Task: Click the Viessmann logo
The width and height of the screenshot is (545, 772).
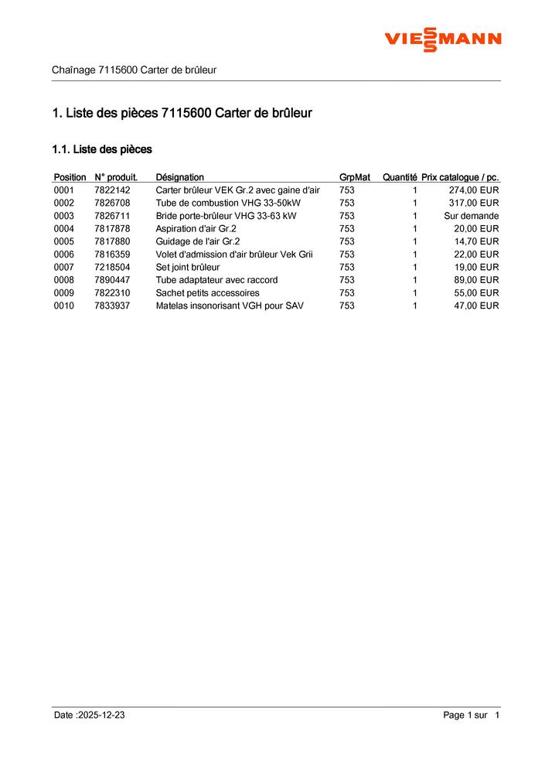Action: tap(443, 39)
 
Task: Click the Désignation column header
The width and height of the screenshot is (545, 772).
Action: tap(179, 177)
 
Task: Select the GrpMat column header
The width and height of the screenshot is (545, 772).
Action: tap(354, 177)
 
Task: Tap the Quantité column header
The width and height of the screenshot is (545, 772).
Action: tap(400, 177)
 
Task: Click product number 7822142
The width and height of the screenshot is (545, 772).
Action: tap(112, 190)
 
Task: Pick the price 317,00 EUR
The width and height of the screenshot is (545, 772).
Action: tap(474, 203)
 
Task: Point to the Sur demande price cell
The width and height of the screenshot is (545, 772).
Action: tap(471, 216)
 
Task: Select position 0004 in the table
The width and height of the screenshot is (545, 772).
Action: tap(64, 229)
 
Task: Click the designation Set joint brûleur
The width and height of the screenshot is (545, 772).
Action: tap(188, 267)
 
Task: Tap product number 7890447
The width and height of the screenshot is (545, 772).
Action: tap(112, 280)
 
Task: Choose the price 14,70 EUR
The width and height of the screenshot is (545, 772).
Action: tap(476, 241)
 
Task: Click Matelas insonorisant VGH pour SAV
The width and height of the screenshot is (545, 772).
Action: tap(230, 306)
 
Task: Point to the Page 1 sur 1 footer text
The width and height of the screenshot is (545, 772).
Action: tap(471, 716)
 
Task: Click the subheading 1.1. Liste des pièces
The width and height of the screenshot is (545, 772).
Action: tap(101, 149)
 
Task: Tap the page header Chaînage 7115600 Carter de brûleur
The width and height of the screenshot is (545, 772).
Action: tap(134, 70)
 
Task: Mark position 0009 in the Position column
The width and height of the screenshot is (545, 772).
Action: tap(64, 293)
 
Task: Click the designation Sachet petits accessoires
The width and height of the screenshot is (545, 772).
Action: tap(207, 293)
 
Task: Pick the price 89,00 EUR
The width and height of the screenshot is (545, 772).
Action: tap(476, 280)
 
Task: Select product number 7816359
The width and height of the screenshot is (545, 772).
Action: tap(112, 254)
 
